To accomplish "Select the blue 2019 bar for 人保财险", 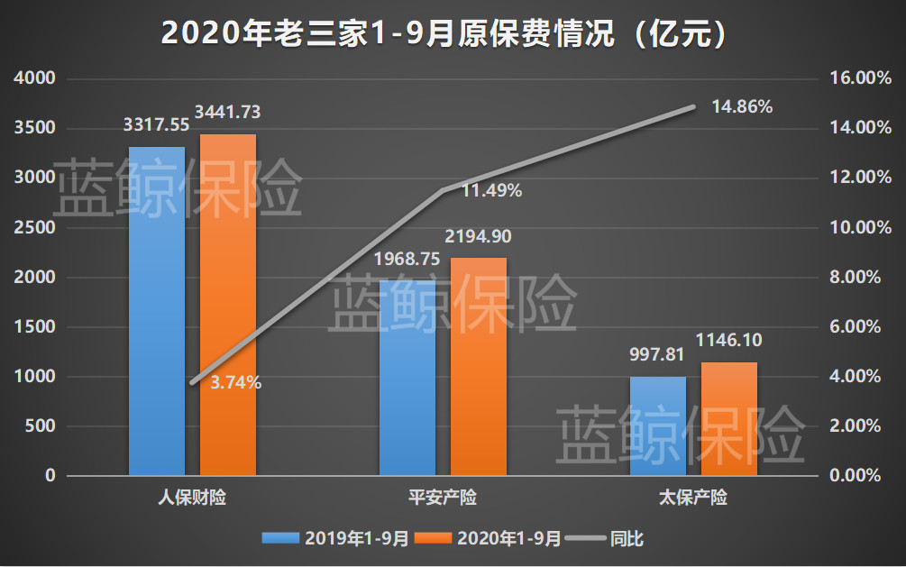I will [157, 311].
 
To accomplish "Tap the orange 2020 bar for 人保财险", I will [227, 305].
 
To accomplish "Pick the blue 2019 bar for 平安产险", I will [407, 378].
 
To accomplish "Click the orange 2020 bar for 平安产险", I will [479, 367].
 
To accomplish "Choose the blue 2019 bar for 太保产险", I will [657, 426].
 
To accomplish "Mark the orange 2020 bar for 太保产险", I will [729, 419].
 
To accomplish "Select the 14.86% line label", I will [742, 106].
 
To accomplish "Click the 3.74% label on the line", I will [235, 382].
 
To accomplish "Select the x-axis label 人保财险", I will [192, 498].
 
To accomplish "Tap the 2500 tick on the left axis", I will [37, 228].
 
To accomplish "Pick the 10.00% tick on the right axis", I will [852, 228].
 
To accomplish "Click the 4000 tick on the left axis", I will [37, 79].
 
